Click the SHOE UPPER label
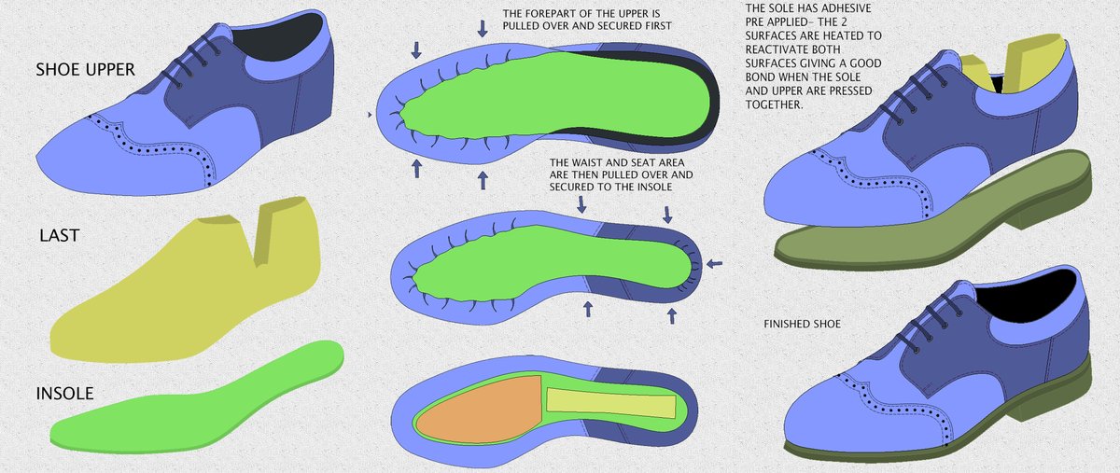(85, 69)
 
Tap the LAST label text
(60, 235)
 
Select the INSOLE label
(64, 394)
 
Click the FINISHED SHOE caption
(802, 324)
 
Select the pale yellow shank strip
(611, 402)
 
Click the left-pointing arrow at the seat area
(715, 263)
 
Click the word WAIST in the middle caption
(585, 162)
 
